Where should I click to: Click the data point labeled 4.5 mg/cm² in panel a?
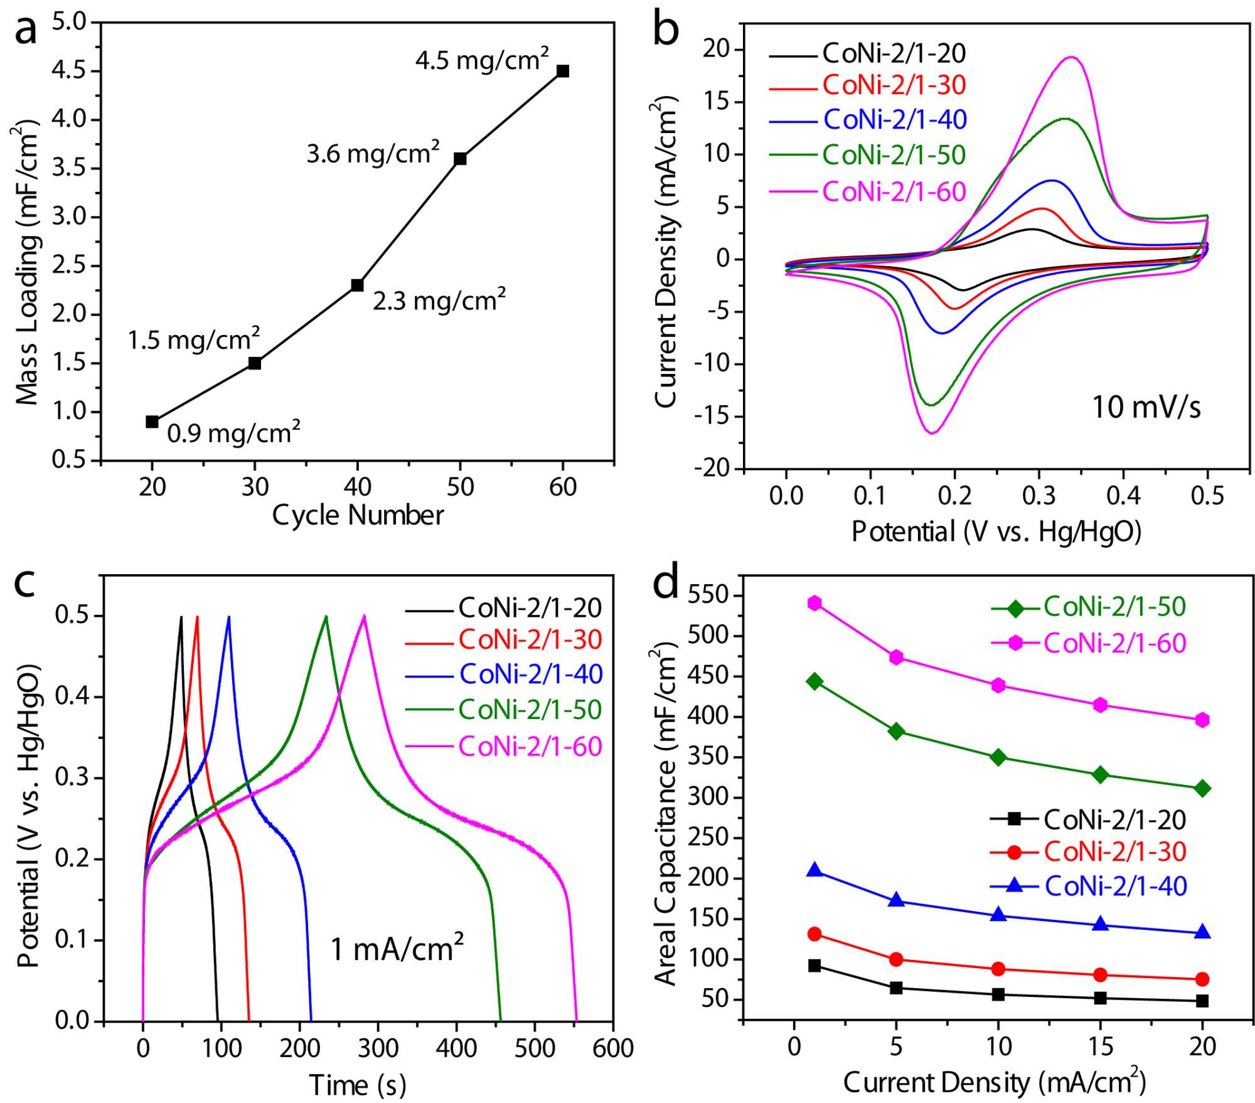point(563,71)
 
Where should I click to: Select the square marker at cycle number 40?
point(357,285)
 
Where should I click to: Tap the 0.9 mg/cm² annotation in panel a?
point(233,432)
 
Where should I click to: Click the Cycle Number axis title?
point(357,515)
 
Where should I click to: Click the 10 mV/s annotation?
point(1146,407)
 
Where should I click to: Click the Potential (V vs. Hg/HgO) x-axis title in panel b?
point(996,531)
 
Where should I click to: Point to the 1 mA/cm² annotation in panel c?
point(397,948)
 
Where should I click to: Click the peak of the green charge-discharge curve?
point(326,616)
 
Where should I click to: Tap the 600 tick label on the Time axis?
point(612,1048)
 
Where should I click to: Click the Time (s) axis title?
point(357,1085)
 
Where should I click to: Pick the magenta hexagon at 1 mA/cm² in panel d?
point(814,603)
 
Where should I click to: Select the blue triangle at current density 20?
point(1202,932)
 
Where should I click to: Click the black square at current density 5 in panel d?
point(896,988)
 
